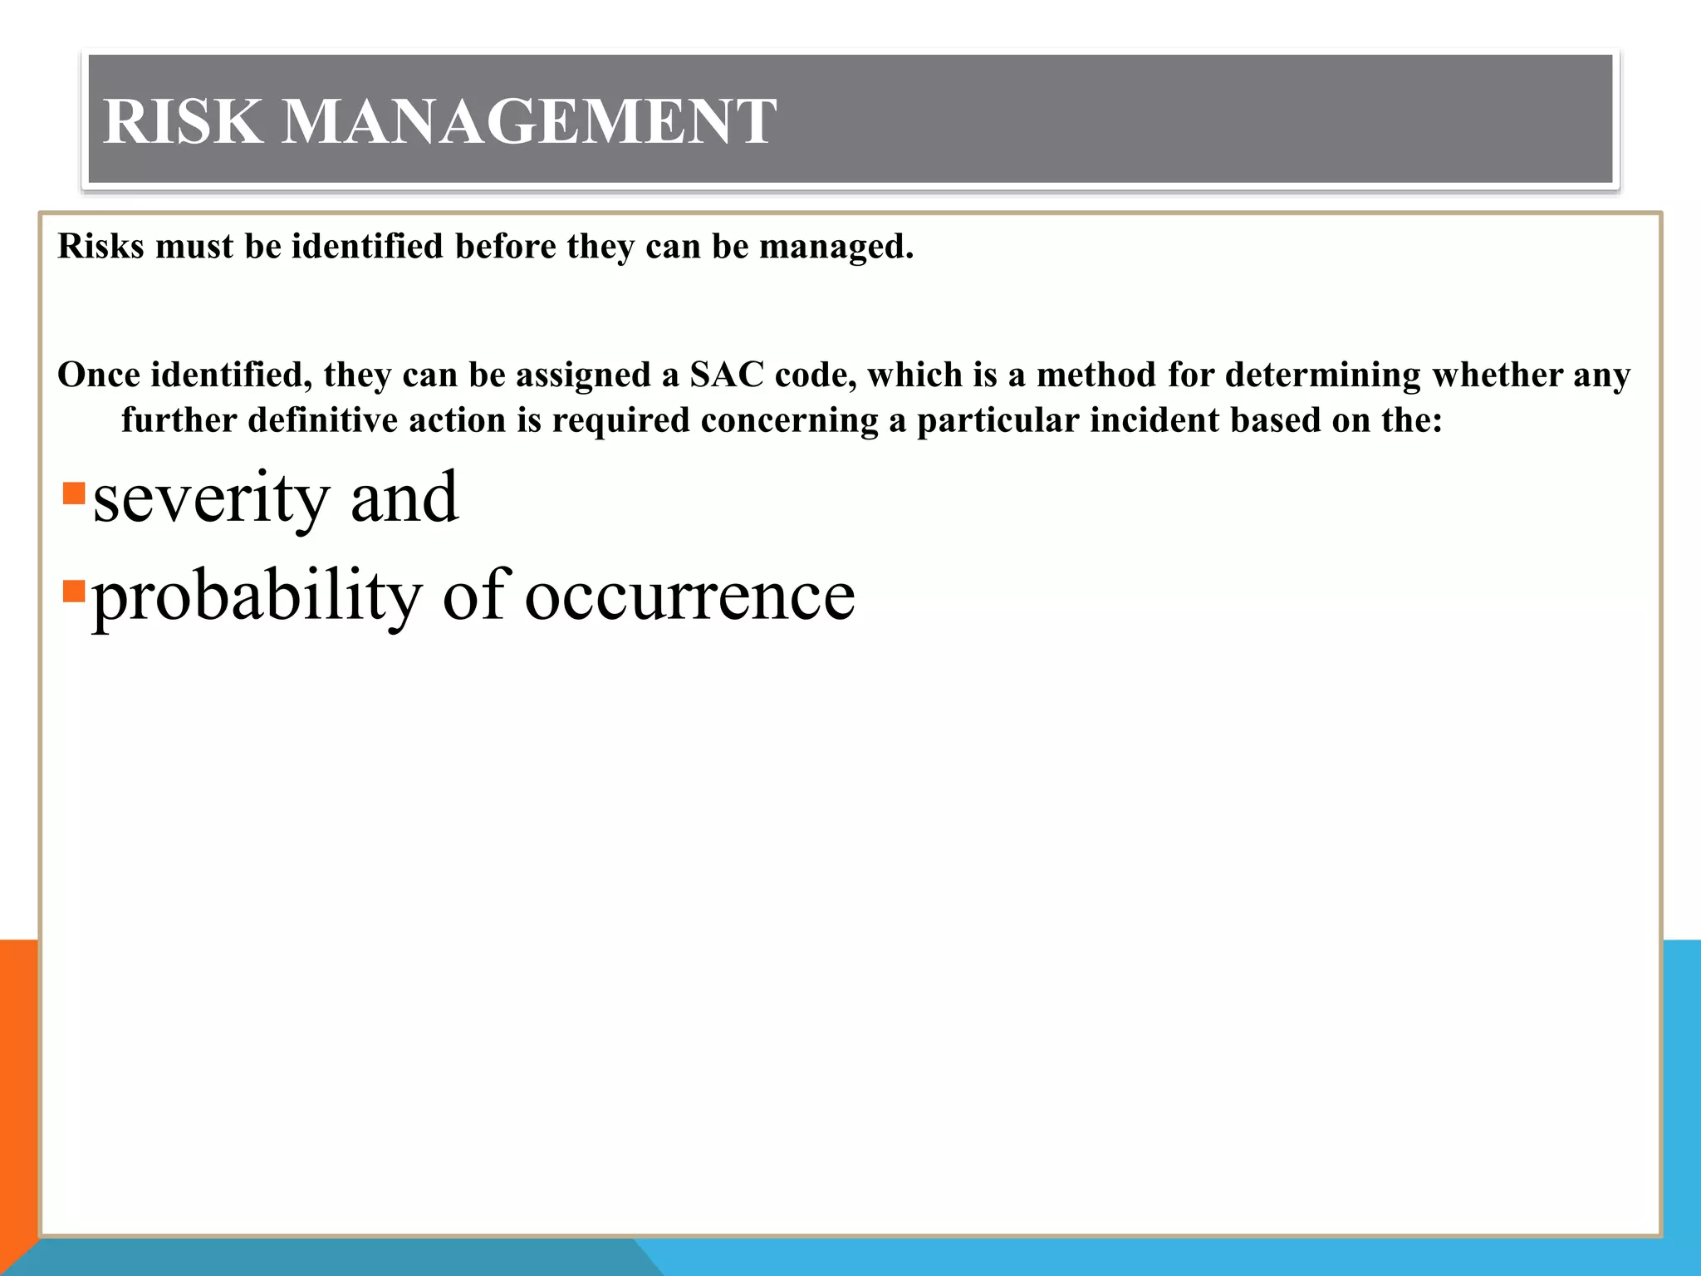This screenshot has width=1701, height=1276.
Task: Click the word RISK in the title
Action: [x=182, y=121]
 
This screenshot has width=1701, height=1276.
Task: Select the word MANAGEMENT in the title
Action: [x=528, y=121]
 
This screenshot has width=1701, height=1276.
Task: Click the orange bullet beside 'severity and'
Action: [x=74, y=493]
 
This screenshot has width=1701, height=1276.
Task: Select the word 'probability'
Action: [x=257, y=596]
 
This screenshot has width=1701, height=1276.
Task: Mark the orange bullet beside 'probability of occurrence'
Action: [x=74, y=591]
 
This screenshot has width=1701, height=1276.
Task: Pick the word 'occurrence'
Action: [x=689, y=596]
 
